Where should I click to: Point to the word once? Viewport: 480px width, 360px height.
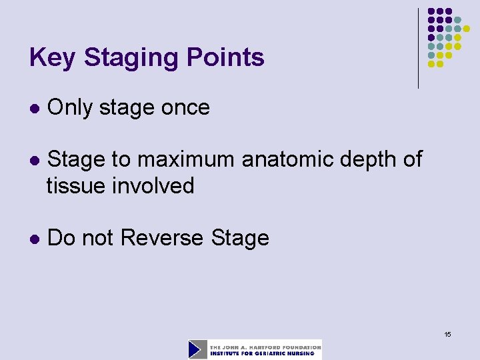187,107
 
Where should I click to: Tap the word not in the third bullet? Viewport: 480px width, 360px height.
103,238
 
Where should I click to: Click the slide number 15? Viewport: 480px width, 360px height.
447,334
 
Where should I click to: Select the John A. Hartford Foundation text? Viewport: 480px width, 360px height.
265,347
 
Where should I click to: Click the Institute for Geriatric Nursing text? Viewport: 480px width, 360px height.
265,353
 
